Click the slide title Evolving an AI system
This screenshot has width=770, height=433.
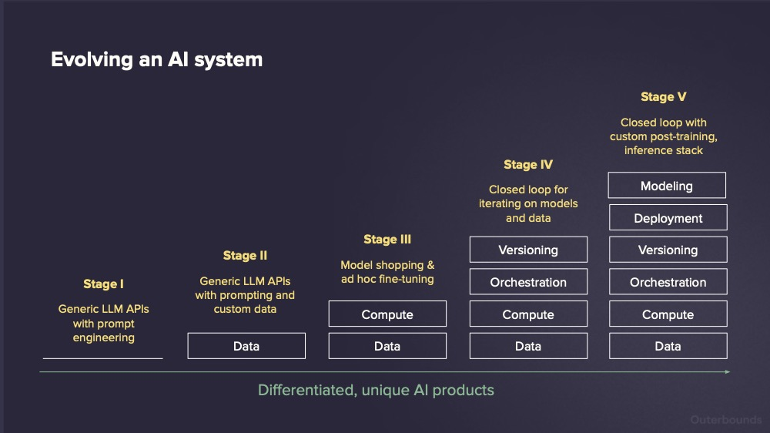156,59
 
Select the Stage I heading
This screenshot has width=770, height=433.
103,284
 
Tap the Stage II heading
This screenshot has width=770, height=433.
245,256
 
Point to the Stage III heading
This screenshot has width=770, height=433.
387,240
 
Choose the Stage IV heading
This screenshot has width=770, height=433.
528,165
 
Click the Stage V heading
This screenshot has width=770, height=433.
663,97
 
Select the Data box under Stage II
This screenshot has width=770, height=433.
246,346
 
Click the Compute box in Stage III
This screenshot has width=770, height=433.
387,314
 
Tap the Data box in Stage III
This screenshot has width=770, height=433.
387,346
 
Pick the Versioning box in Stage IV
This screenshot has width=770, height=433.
528,250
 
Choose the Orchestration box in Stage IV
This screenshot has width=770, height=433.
528,282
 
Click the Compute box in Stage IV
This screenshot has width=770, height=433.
528,314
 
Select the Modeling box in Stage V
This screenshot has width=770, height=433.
668,186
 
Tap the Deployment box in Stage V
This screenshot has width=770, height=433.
668,218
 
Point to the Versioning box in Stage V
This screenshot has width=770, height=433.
668,250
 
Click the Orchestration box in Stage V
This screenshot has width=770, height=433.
668,282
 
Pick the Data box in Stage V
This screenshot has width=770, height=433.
668,346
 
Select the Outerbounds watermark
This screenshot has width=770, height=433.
725,420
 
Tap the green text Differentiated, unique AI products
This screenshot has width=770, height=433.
376,390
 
